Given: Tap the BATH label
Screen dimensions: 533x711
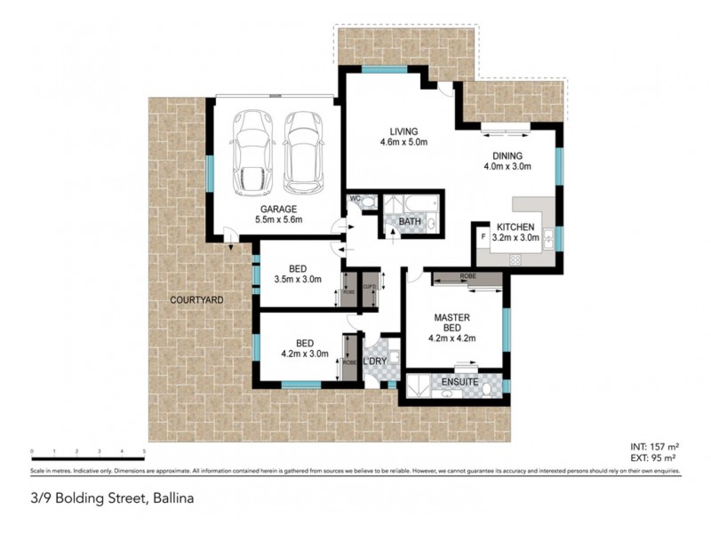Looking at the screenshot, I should tap(410, 221).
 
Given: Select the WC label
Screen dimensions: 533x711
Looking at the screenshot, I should tap(355, 198).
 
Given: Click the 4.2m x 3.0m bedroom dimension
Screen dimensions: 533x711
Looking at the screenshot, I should tap(300, 354).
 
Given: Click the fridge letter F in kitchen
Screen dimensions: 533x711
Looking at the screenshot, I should tap(483, 238).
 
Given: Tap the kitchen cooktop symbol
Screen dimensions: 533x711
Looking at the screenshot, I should tap(514, 259).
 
